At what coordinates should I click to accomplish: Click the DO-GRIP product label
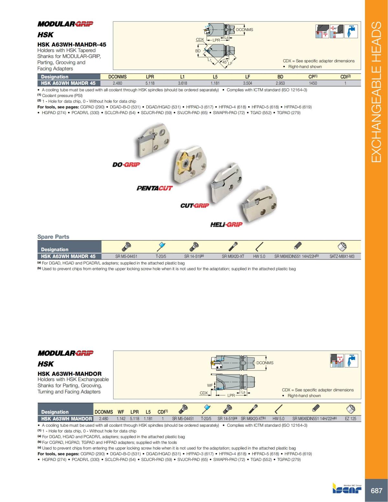tap(126, 165)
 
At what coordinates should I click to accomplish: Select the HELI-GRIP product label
tap(226, 224)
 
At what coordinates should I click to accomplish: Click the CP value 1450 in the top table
tap(313, 83)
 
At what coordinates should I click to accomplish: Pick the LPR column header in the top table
tap(150, 77)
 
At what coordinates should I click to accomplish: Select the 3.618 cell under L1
tap(182, 83)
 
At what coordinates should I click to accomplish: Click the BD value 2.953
tap(280, 83)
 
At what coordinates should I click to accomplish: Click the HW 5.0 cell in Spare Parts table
tap(259, 256)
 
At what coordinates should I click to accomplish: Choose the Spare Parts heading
tap(53, 237)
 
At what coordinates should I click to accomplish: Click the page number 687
tap(376, 491)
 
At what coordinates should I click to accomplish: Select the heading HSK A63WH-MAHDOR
tap(69, 373)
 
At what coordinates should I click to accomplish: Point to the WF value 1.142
tap(121, 419)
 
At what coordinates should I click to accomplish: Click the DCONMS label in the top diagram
tap(244, 30)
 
